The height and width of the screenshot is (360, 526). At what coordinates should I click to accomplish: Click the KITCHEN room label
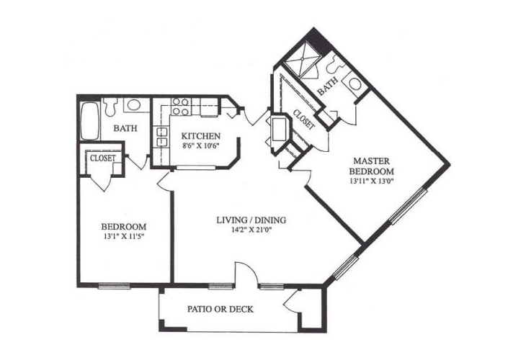(x=200, y=136)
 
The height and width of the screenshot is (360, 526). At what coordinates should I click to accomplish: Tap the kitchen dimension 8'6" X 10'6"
(x=200, y=146)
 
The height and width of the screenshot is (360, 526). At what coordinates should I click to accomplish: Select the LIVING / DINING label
(x=251, y=220)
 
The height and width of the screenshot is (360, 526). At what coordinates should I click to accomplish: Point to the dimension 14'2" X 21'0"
(x=251, y=230)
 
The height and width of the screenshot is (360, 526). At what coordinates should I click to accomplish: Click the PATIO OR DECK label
(x=220, y=309)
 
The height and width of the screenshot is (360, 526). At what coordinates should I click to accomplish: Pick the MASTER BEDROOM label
(x=371, y=166)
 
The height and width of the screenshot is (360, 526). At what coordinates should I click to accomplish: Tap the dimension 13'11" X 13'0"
(x=371, y=181)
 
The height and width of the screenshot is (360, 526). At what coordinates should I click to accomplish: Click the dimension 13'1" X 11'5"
(x=125, y=236)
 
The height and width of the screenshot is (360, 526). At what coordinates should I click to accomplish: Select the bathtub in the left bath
(x=90, y=121)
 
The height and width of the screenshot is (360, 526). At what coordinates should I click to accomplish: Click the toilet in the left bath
(x=110, y=107)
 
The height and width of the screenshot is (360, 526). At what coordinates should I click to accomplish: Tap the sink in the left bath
(x=133, y=104)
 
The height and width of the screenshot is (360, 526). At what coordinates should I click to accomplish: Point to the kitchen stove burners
(x=180, y=107)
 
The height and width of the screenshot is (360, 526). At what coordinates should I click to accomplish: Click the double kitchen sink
(x=161, y=137)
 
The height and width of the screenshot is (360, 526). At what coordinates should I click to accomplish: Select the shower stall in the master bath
(x=303, y=59)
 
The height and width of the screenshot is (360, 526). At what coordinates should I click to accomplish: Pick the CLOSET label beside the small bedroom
(x=102, y=158)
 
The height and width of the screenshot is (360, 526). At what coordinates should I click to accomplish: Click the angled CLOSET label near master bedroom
(x=304, y=120)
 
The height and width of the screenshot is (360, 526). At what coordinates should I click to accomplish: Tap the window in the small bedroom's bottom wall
(x=114, y=286)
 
